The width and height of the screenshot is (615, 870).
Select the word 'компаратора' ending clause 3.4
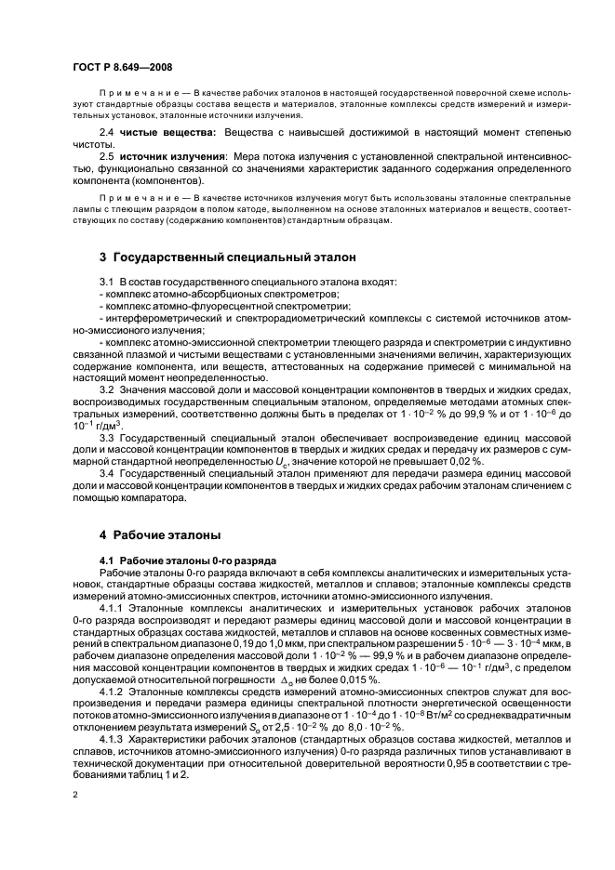[x=155, y=498]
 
